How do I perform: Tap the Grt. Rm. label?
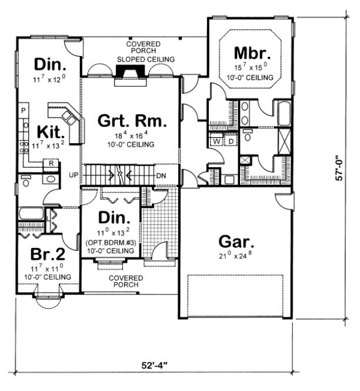[128, 122]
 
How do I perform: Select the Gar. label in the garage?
[235, 241]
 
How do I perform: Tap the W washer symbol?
[216, 141]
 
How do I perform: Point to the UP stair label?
[74, 175]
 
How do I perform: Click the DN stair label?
[161, 175]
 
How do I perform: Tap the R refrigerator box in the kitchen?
[52, 163]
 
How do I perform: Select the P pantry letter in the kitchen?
[24, 110]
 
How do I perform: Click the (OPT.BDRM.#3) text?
[111, 243]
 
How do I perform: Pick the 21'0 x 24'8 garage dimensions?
[235, 257]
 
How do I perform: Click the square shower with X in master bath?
[284, 142]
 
